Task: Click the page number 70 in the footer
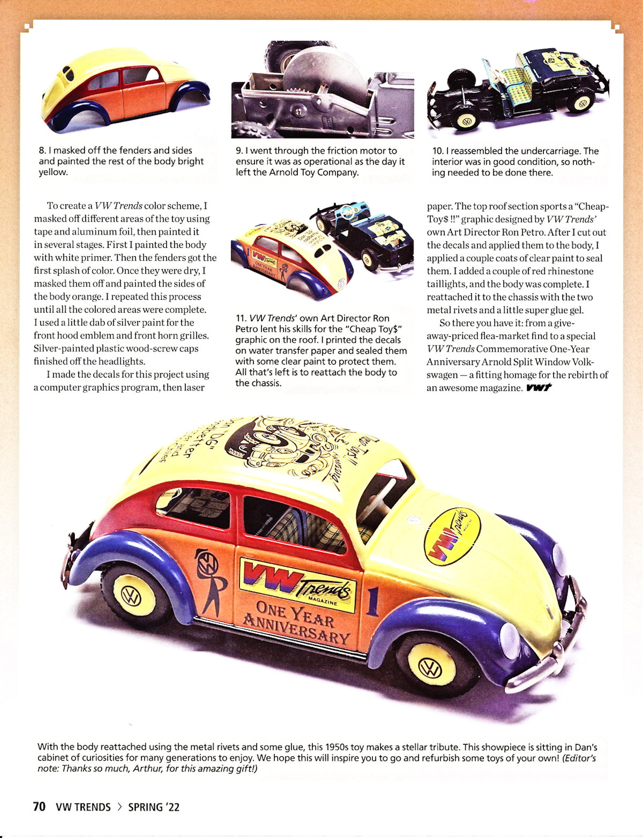pyautogui.click(x=39, y=807)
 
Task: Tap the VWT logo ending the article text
pyautogui.click(x=539, y=388)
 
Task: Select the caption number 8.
pyautogui.click(x=42, y=151)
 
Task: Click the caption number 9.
pyautogui.click(x=239, y=151)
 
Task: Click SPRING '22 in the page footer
pyautogui.click(x=153, y=807)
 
